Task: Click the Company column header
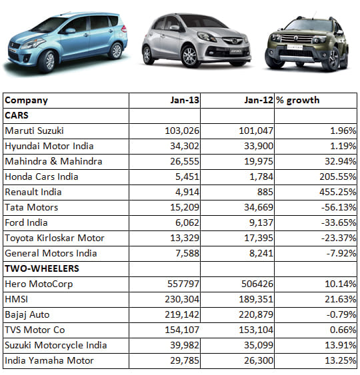pos(27,101)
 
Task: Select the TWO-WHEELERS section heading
pos(41,268)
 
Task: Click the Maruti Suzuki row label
pos(36,131)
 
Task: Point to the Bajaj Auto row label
pos(27,314)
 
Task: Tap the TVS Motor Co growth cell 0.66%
pos(336,330)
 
